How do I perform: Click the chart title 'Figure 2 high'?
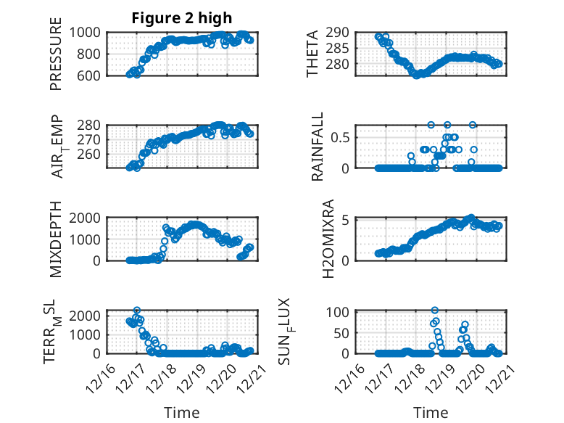182,18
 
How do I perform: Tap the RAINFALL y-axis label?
317,147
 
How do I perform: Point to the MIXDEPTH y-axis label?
56,239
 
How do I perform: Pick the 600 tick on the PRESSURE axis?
91,75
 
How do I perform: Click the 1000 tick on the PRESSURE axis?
88,32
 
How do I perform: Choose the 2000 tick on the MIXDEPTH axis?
88,218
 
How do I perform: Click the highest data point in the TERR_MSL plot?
136,310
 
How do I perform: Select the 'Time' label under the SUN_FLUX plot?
431,412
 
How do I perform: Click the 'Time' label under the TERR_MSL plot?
182,412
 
